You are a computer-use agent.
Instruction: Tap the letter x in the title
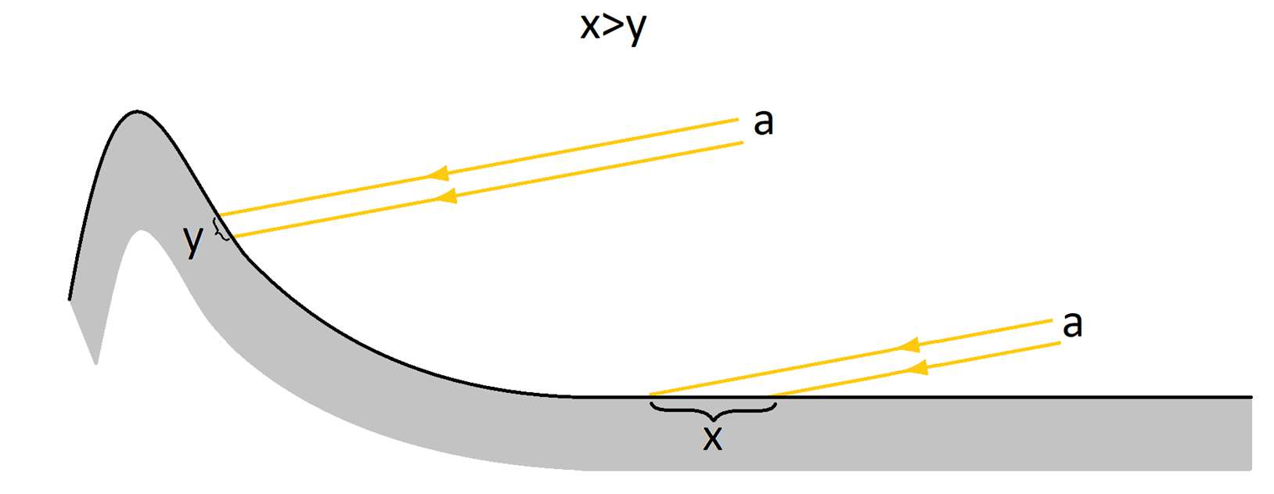click(x=590, y=27)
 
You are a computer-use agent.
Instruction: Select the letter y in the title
click(x=636, y=31)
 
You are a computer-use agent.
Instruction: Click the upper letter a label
click(x=763, y=123)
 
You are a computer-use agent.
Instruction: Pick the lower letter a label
click(x=1072, y=326)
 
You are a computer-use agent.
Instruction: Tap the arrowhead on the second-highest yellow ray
click(x=446, y=197)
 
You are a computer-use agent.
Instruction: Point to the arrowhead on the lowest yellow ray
click(x=916, y=368)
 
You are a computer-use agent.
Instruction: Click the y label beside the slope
click(x=193, y=242)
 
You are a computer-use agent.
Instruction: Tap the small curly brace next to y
click(x=221, y=229)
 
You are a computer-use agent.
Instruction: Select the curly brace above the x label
click(x=713, y=412)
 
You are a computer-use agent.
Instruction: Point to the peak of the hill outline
click(x=136, y=111)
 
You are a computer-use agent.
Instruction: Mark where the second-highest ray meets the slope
click(x=232, y=236)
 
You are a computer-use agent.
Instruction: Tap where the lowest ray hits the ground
click(x=769, y=395)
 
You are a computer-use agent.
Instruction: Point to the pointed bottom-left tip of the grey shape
click(x=96, y=363)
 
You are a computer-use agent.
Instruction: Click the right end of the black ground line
click(x=1251, y=397)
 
